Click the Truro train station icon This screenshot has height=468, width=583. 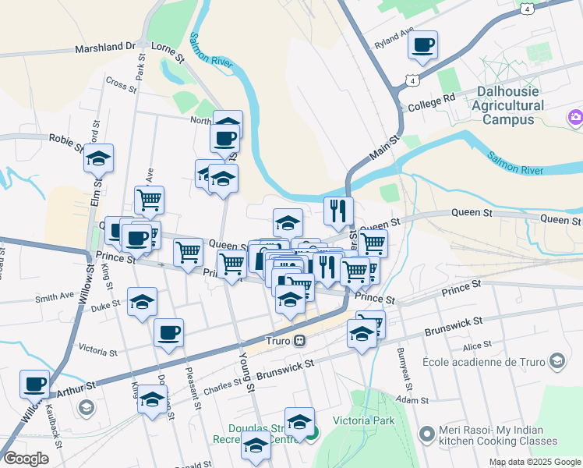click(299, 341)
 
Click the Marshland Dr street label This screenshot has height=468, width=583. click(104, 48)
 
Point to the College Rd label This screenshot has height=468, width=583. click(431, 103)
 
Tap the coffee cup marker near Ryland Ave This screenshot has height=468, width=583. click(422, 45)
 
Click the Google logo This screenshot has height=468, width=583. click(26, 459)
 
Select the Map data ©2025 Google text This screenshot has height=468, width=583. click(534, 462)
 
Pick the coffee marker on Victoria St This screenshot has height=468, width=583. click(168, 333)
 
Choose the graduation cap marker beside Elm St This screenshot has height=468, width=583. click(99, 159)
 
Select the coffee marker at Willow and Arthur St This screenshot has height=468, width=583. click(34, 384)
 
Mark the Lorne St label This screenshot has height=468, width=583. click(168, 54)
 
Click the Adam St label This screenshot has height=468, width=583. click(413, 399)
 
